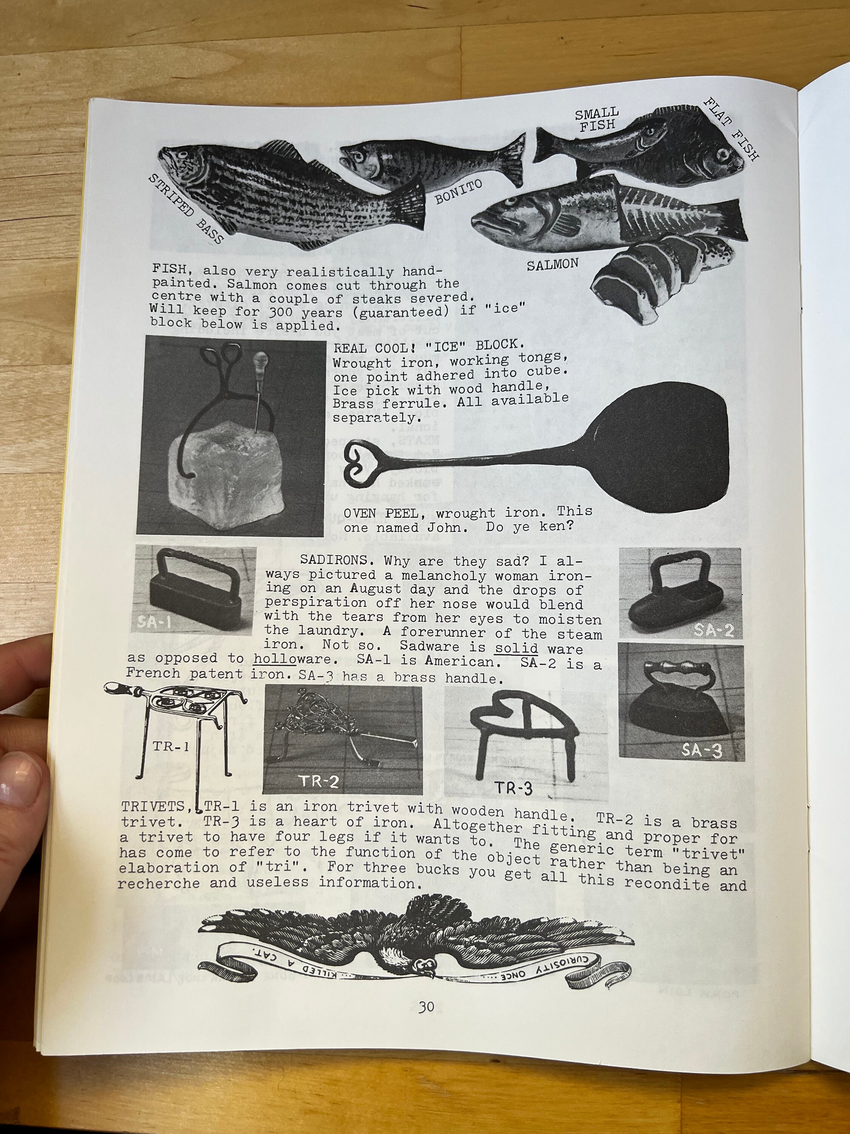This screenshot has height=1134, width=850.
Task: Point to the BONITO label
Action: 459,192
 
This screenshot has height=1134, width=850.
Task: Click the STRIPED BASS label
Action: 186,209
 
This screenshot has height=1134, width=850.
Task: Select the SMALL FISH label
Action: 597,119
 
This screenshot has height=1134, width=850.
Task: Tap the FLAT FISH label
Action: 731,130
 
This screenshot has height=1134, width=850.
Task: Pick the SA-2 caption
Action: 713,629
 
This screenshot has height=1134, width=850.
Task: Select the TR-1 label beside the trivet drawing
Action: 171,747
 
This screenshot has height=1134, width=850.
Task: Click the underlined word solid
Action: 516,648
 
